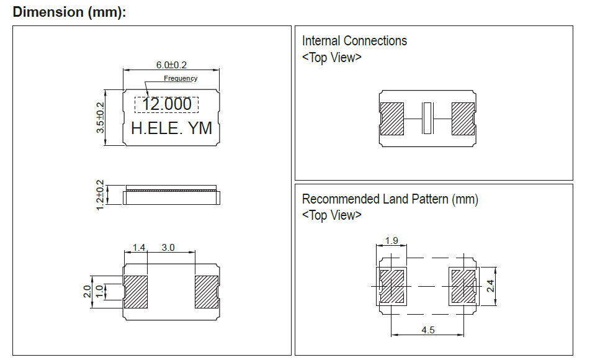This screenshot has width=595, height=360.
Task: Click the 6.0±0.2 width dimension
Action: pyautogui.click(x=171, y=65)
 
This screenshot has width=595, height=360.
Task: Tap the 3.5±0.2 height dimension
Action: pyautogui.click(x=100, y=117)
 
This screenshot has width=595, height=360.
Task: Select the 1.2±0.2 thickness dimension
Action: pyautogui.click(x=100, y=195)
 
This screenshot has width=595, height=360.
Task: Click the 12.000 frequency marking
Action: pyautogui.click(x=167, y=104)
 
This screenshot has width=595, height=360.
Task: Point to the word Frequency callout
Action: pyautogui.click(x=181, y=78)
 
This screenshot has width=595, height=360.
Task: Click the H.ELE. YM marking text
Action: pyautogui.click(x=171, y=128)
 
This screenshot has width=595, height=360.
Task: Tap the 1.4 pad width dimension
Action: pyautogui.click(x=138, y=247)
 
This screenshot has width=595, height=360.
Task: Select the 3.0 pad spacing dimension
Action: pyautogui.click(x=168, y=247)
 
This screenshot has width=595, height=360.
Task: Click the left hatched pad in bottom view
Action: pyautogui.click(x=136, y=292)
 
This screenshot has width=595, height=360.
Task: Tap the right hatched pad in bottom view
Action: pyautogui.click(x=207, y=292)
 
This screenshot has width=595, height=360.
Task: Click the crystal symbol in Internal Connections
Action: pyautogui.click(x=427, y=118)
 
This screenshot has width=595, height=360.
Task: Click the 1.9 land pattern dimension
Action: pyautogui.click(x=391, y=240)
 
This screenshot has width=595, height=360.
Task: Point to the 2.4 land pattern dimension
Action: pyautogui.click(x=490, y=286)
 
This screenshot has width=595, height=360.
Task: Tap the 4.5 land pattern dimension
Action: pyautogui.click(x=428, y=330)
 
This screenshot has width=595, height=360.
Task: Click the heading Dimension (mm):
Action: pyautogui.click(x=69, y=12)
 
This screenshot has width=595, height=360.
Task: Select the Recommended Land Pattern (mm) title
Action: pyautogui.click(x=390, y=199)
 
